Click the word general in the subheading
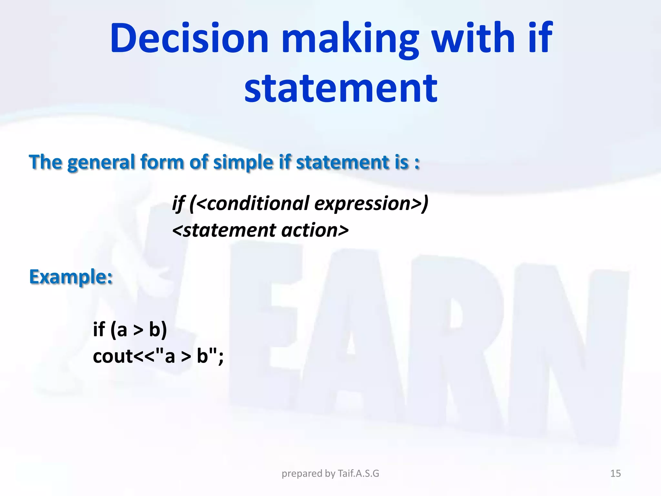click(101, 162)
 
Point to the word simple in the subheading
click(243, 162)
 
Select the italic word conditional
click(258, 203)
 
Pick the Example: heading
click(71, 277)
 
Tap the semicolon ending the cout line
click(221, 358)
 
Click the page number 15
click(615, 473)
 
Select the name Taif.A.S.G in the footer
click(358, 473)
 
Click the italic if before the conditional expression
click(178, 203)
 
